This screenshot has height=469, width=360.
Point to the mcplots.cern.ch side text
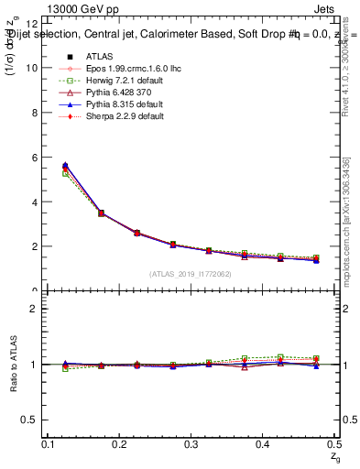pyautogui.click(x=349, y=220)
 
